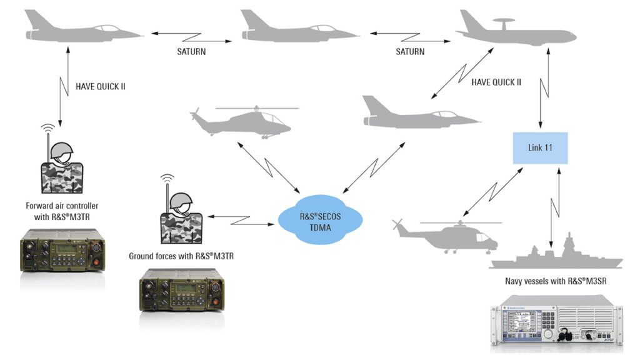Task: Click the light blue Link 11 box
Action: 540,148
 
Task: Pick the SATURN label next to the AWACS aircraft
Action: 410,52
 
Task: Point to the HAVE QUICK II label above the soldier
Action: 100,86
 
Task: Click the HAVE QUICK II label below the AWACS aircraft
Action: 496,82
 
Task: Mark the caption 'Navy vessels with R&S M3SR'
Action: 556,281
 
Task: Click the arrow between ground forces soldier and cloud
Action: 240,218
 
